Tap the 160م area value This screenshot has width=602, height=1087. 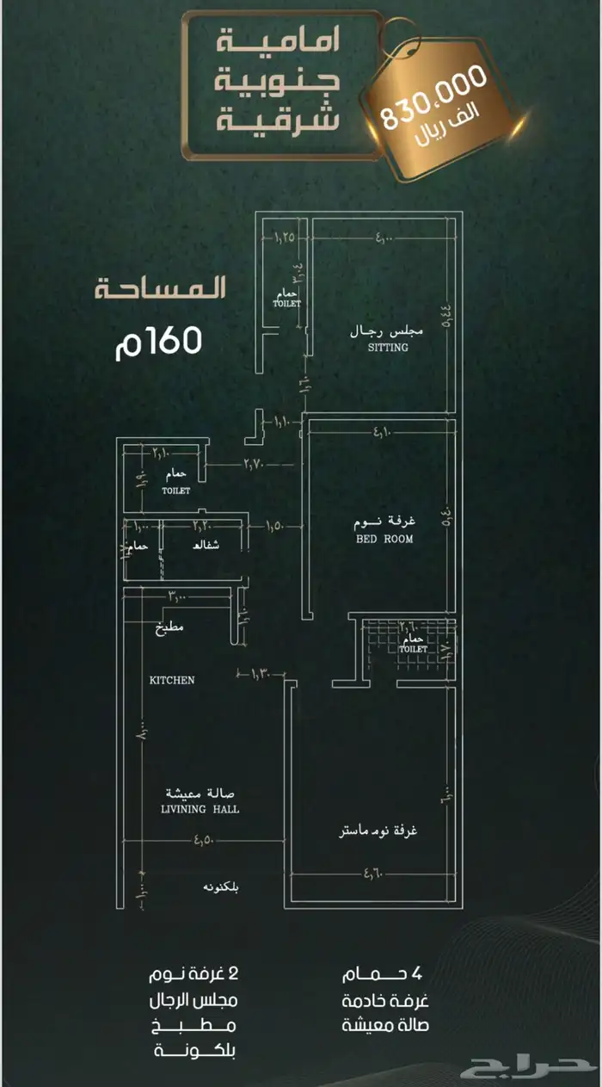158,342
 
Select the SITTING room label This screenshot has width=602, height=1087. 388,348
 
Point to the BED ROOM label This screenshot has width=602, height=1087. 384,539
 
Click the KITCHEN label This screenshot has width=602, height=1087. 172,680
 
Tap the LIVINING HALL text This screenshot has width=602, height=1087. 200,810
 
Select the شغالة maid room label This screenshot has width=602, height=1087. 206,546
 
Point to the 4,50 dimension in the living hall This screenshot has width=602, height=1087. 206,841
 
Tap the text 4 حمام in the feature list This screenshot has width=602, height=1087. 383,974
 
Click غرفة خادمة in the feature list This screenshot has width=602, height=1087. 384,1001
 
